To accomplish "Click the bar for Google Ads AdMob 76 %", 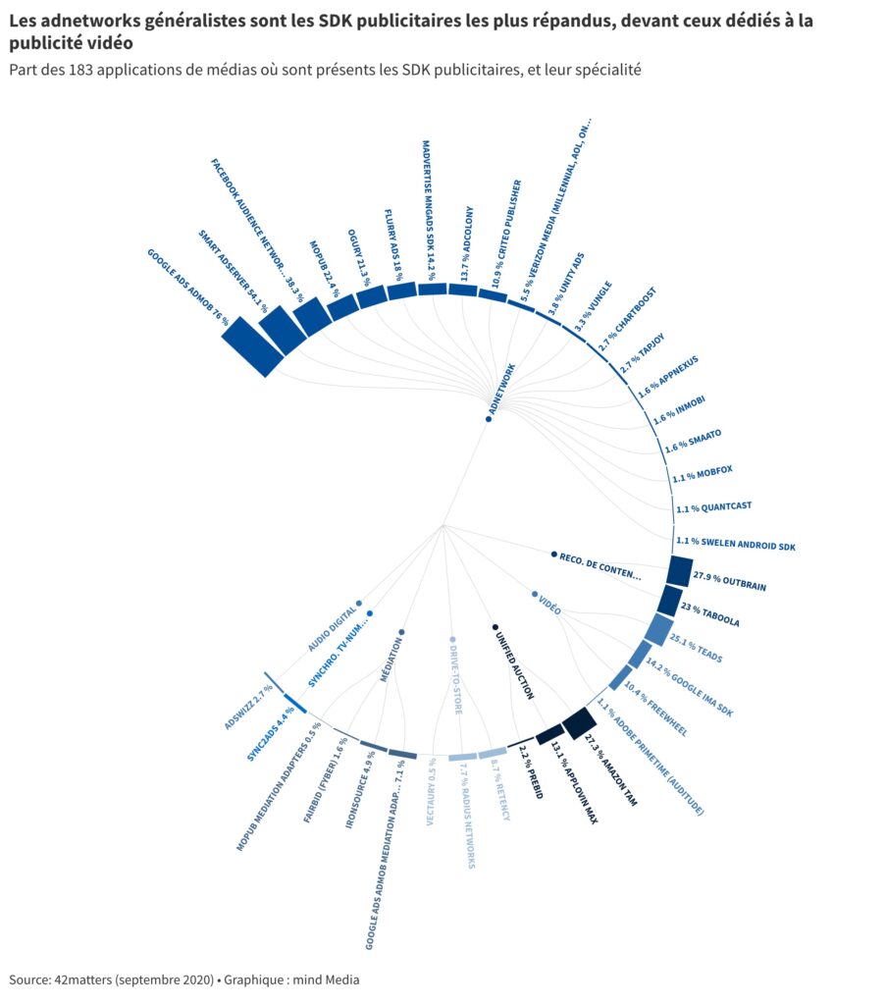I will click(252, 345).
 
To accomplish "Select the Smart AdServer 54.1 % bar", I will click(282, 329).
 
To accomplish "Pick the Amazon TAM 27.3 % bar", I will click(580, 723).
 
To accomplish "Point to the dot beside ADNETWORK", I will click(488, 420).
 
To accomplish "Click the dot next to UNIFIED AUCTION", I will click(495, 626).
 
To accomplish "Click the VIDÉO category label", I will click(549, 606).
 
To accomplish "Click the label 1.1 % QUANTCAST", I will click(713, 508).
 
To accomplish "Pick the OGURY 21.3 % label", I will click(362, 258).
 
